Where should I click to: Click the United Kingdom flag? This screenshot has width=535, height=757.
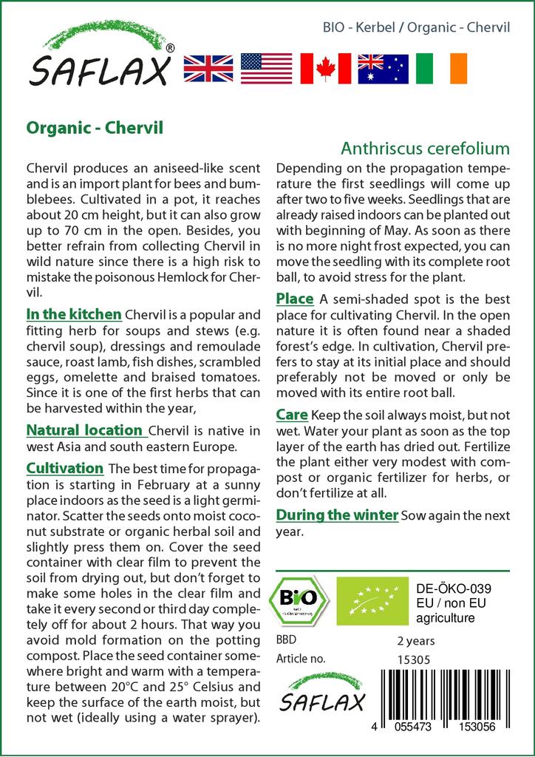click(x=209, y=68)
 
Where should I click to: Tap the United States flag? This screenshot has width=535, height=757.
click(x=267, y=68)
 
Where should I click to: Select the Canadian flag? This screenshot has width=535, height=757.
click(x=324, y=68)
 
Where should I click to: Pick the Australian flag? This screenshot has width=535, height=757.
click(x=383, y=68)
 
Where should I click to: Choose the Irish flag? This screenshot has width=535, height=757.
click(x=441, y=68)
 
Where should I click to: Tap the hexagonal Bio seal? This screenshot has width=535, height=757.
click(x=299, y=597)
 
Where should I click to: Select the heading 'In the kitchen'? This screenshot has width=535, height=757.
click(x=74, y=316)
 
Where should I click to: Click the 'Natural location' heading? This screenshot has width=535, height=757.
click(x=84, y=430)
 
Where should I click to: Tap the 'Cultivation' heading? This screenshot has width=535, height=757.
click(x=65, y=468)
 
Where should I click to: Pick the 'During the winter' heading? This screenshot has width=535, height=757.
click(x=337, y=515)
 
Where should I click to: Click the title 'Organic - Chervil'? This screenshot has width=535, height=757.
click(x=95, y=126)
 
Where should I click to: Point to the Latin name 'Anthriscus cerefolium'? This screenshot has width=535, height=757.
click(x=426, y=149)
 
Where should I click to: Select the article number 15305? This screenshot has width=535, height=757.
click(x=412, y=659)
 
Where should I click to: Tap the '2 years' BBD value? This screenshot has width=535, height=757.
click(x=416, y=640)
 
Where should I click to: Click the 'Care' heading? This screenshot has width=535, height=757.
click(x=291, y=415)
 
